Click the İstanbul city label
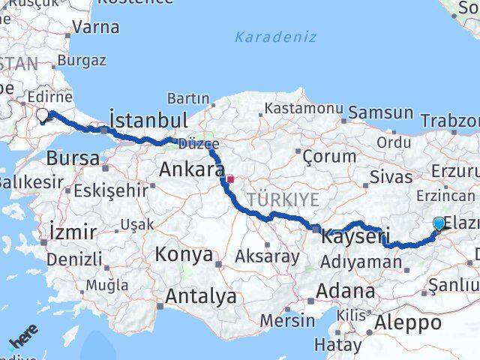click(x=148, y=121)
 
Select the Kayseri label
click(x=347, y=238)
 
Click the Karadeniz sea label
click(x=275, y=37)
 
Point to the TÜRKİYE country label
click(x=284, y=199)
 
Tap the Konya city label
click(x=184, y=254)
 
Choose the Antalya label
click(x=200, y=296)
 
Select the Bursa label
click(x=73, y=158)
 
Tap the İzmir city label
click(x=71, y=231)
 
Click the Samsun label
click(x=381, y=113)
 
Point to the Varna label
click(x=96, y=28)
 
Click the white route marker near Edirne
click(x=43, y=115)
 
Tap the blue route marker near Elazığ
click(x=439, y=223)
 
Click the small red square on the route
click(x=231, y=179)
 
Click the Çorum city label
click(x=328, y=157)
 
